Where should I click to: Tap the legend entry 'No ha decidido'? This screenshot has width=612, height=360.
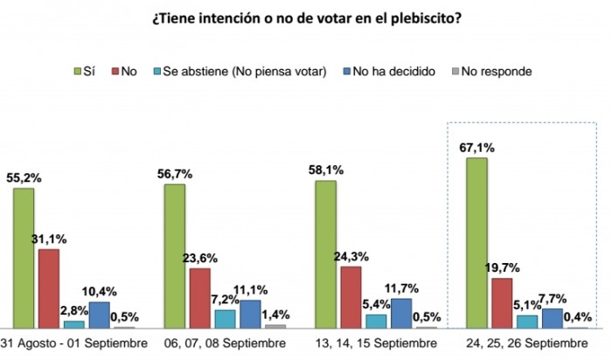(390, 71)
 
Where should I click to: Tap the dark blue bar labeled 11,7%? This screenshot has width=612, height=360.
(401, 313)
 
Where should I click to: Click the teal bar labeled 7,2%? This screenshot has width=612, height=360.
(200, 318)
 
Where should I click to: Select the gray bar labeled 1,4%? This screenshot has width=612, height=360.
(275, 325)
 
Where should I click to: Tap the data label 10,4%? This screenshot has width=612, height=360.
(100, 291)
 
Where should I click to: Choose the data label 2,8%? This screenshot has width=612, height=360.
(74, 310)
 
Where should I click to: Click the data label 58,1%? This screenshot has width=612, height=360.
(325, 170)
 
